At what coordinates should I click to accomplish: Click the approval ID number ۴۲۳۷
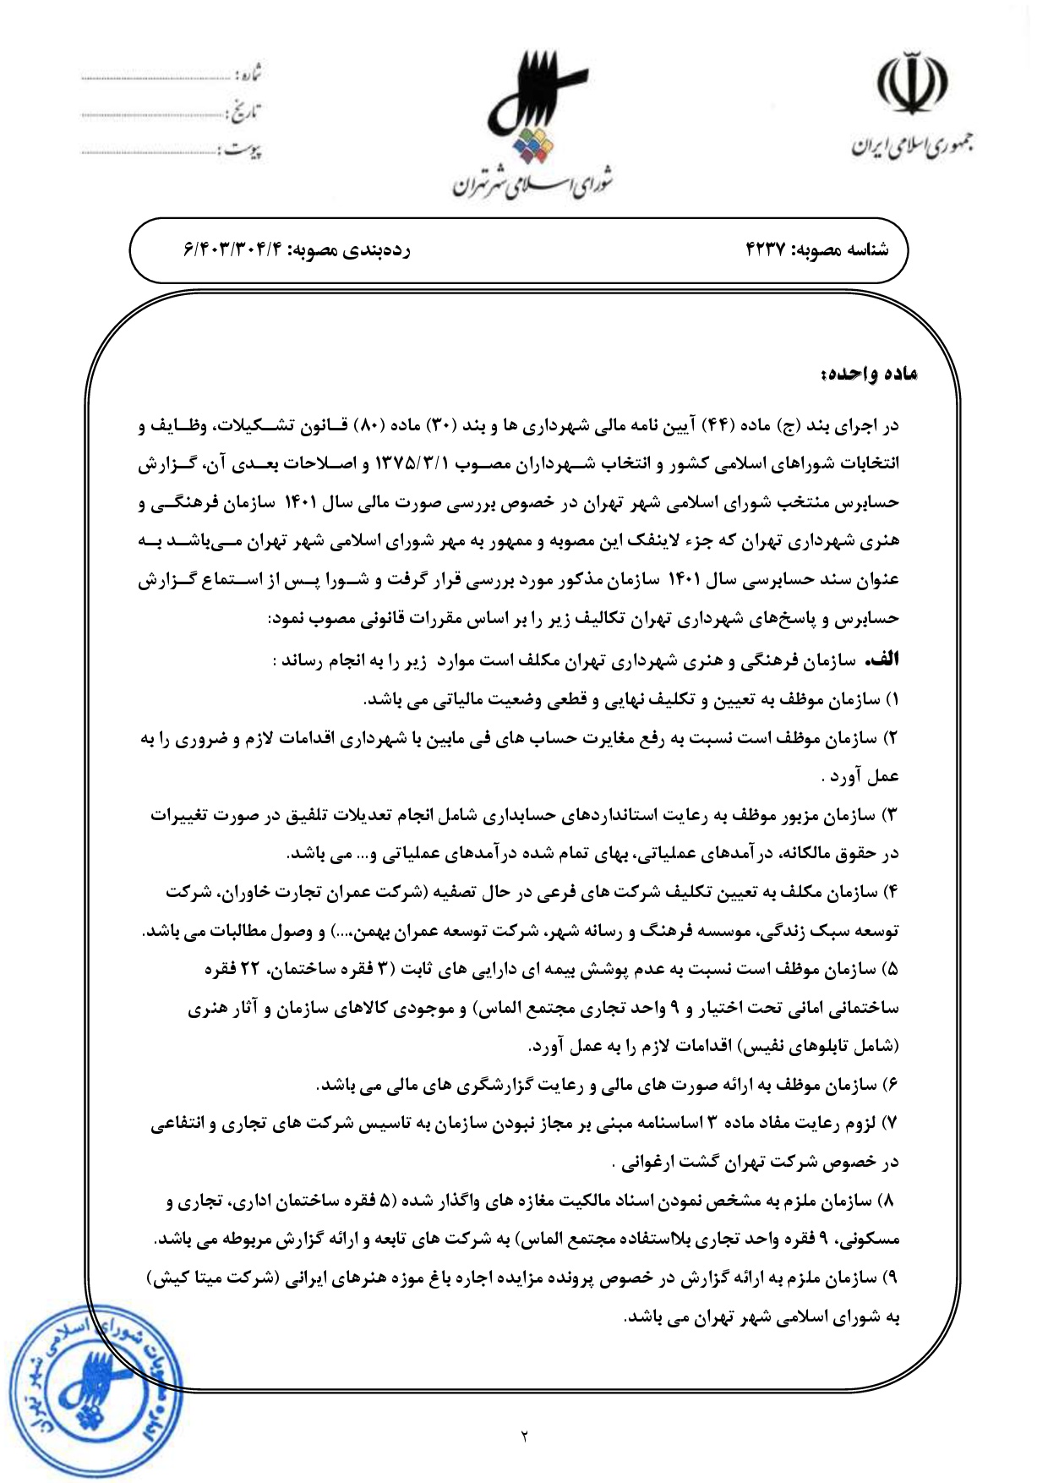[767, 250]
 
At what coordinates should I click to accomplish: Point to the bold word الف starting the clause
[884, 659]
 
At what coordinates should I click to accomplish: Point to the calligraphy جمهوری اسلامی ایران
[911, 146]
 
